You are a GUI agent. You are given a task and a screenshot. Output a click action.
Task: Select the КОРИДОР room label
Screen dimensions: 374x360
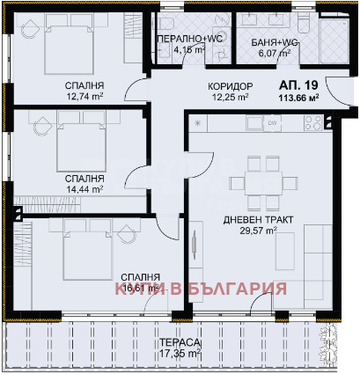coord(231,85)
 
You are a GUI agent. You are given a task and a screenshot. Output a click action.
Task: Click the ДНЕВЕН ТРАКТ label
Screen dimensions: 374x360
coord(259,218)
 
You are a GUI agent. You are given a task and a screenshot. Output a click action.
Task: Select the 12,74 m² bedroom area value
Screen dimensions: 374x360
coord(84,99)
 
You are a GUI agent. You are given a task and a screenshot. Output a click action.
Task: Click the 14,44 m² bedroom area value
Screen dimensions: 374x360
coord(84,188)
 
